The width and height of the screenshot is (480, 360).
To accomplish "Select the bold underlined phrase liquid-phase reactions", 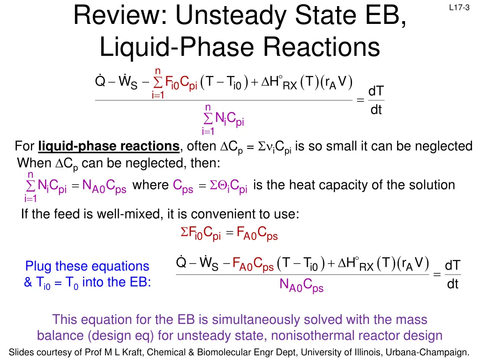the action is click(109, 147).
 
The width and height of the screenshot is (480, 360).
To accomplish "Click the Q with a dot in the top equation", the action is click(100, 81).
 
